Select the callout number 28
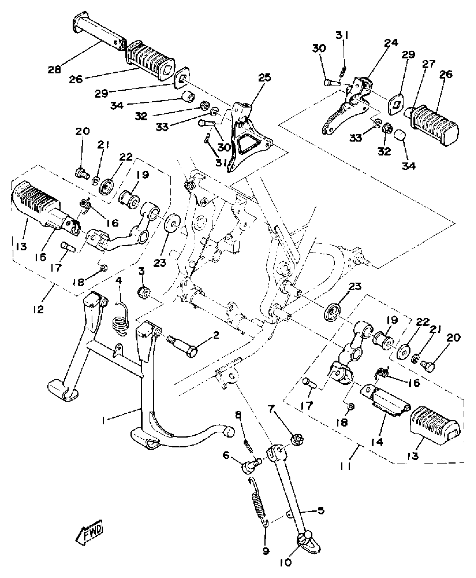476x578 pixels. [54, 69]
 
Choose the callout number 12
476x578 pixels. [38, 309]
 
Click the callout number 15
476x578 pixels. [41, 257]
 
